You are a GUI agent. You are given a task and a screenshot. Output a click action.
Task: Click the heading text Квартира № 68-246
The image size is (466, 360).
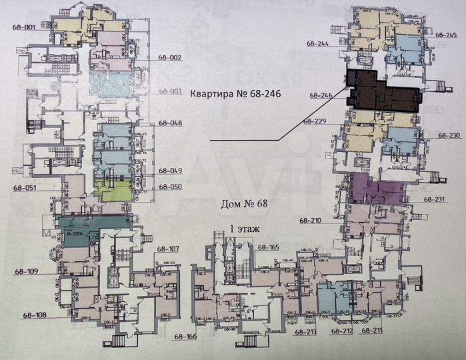tap(233, 94)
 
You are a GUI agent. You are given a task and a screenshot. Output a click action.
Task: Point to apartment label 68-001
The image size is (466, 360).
tap(24, 27)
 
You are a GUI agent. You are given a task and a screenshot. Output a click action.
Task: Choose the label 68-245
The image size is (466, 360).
tap(446, 35)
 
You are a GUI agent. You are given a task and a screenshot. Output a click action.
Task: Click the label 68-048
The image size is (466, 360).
tap(171, 123)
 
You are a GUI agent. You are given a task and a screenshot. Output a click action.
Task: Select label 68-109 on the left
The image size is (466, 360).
tap(25, 271)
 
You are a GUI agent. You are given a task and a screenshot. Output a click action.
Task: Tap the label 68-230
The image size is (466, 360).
tap(449, 135)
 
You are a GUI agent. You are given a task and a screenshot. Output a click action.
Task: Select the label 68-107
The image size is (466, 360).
tap(168, 249)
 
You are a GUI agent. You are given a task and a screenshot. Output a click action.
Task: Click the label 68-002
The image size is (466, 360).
tap(171, 58)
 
